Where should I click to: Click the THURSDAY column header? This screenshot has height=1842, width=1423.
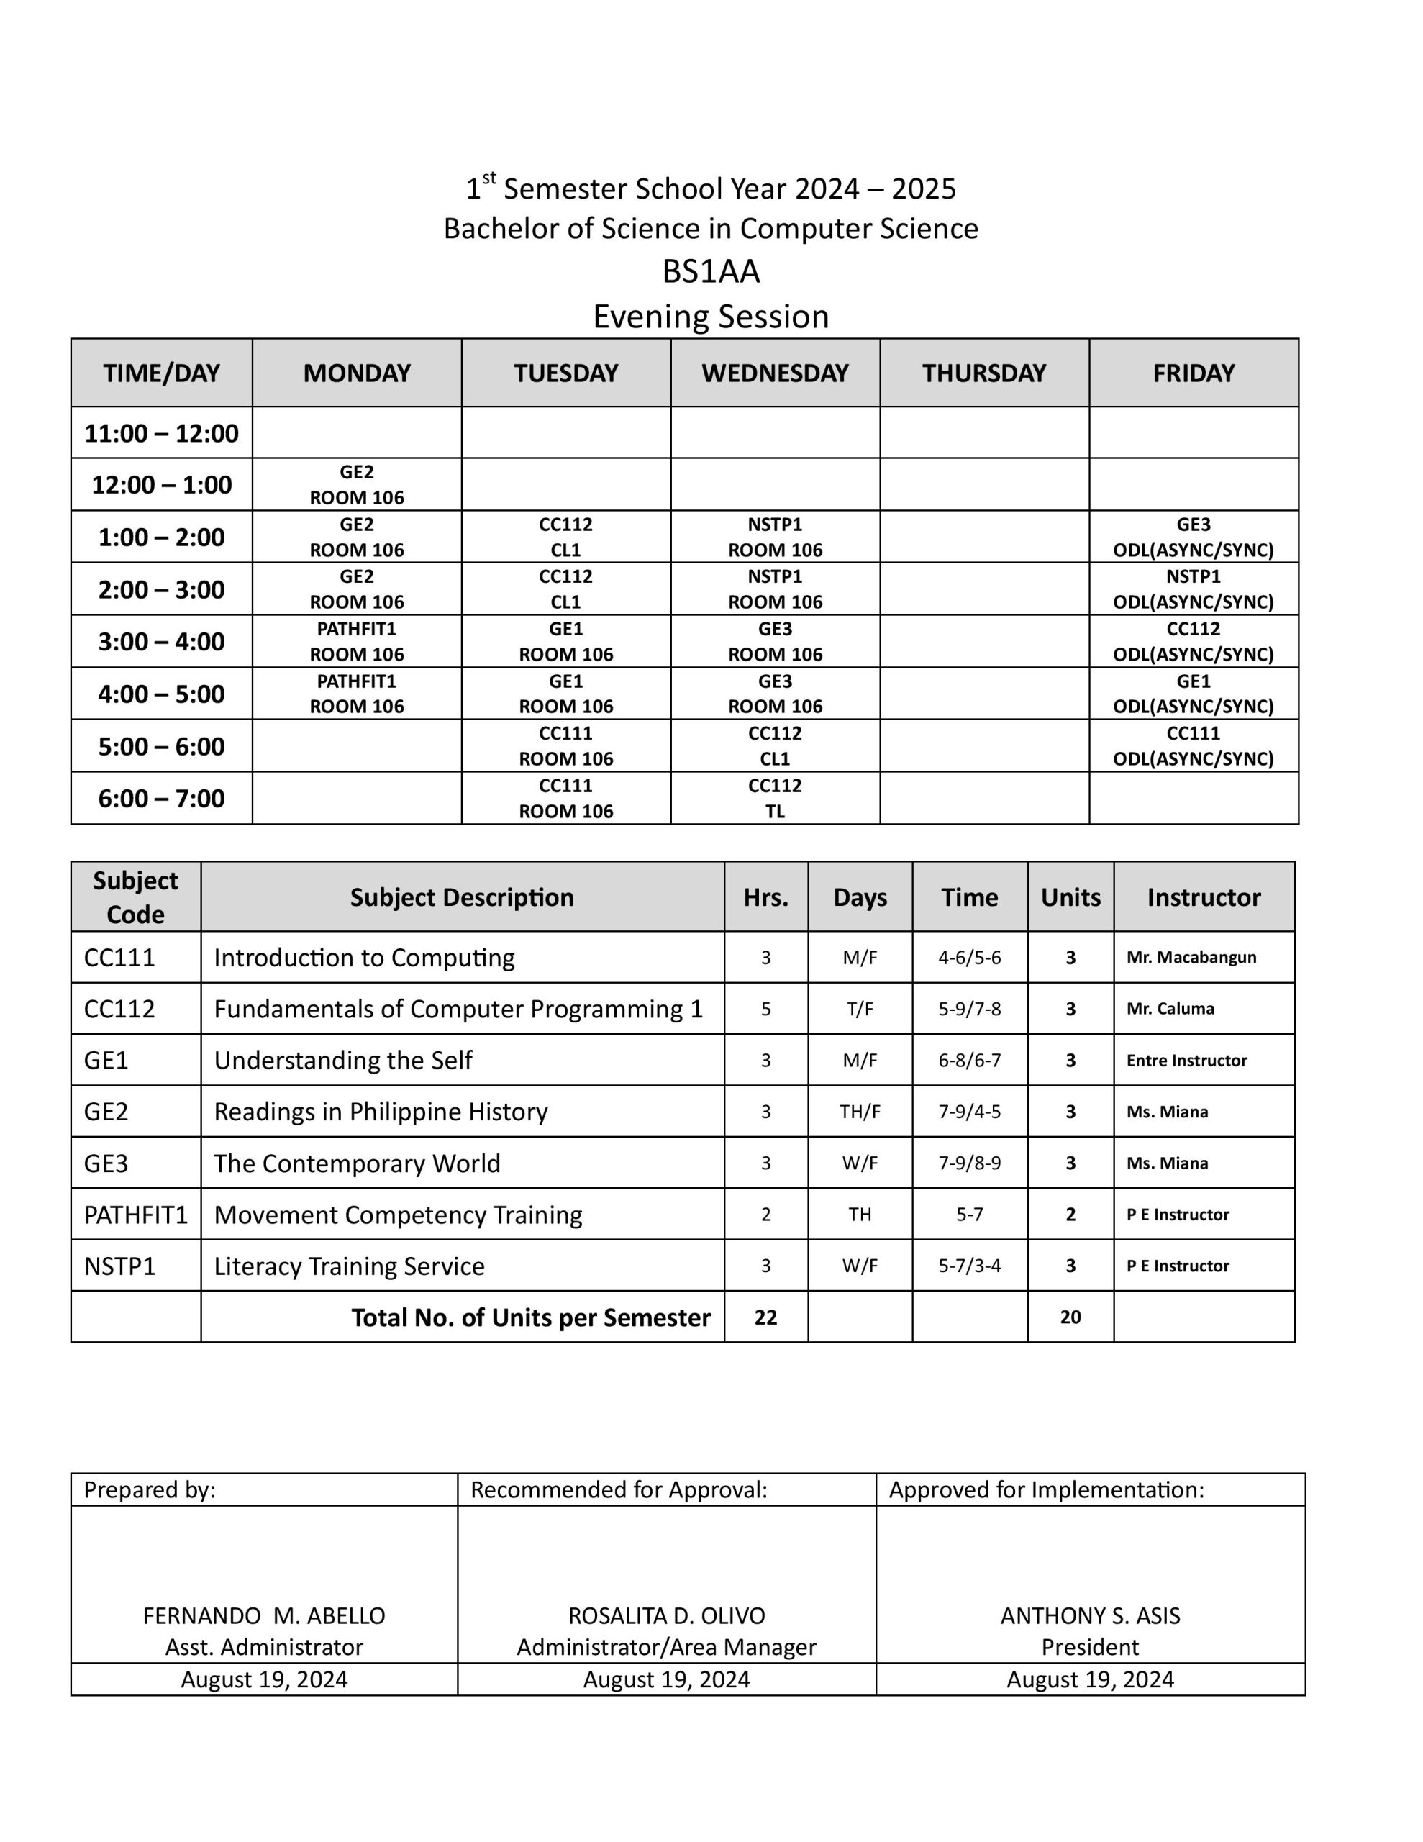click(983, 373)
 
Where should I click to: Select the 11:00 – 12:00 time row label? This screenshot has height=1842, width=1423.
click(161, 433)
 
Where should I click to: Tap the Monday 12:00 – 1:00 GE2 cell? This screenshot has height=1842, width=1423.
click(357, 485)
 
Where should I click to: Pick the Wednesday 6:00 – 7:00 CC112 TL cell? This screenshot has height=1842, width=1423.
click(774, 798)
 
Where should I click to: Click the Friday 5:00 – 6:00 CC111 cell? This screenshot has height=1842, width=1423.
click(1193, 745)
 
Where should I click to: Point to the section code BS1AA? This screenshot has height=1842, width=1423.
click(710, 271)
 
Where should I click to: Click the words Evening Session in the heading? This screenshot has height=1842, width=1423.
click(710, 317)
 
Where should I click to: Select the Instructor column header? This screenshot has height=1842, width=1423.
click(1203, 897)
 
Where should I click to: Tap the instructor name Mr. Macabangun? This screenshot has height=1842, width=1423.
click(1191, 957)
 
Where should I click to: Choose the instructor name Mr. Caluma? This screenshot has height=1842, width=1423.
click(1170, 1009)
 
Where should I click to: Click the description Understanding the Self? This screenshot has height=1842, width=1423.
click(342, 1060)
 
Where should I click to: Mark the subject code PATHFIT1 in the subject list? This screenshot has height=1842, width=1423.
click(136, 1215)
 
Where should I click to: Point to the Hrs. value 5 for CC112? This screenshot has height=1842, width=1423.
click(765, 1009)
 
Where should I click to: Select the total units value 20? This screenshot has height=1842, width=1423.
click(1070, 1317)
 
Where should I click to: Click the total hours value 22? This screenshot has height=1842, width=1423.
click(765, 1317)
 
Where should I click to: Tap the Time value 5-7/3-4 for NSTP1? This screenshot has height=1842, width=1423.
click(969, 1265)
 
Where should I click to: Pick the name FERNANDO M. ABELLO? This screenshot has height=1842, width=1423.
click(264, 1615)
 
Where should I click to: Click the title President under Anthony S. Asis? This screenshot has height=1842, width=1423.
click(1090, 1646)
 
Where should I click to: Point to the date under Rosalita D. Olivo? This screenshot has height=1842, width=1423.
click(666, 1679)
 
